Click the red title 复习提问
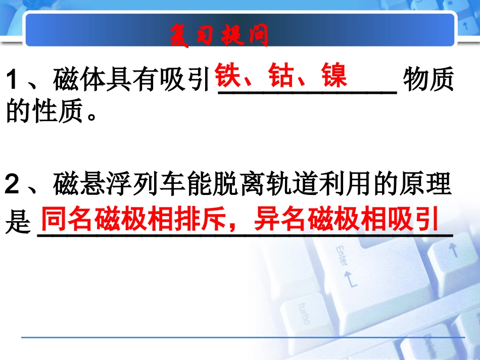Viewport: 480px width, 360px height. tap(219, 36)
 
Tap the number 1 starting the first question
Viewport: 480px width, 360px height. tap(14, 81)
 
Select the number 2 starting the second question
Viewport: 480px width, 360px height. tap(14, 185)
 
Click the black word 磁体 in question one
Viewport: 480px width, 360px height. tap(77, 81)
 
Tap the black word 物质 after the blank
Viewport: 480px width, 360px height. tap(429, 81)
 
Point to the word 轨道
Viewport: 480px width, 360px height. tap(299, 185)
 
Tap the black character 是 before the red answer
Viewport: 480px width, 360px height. tap(18, 223)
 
